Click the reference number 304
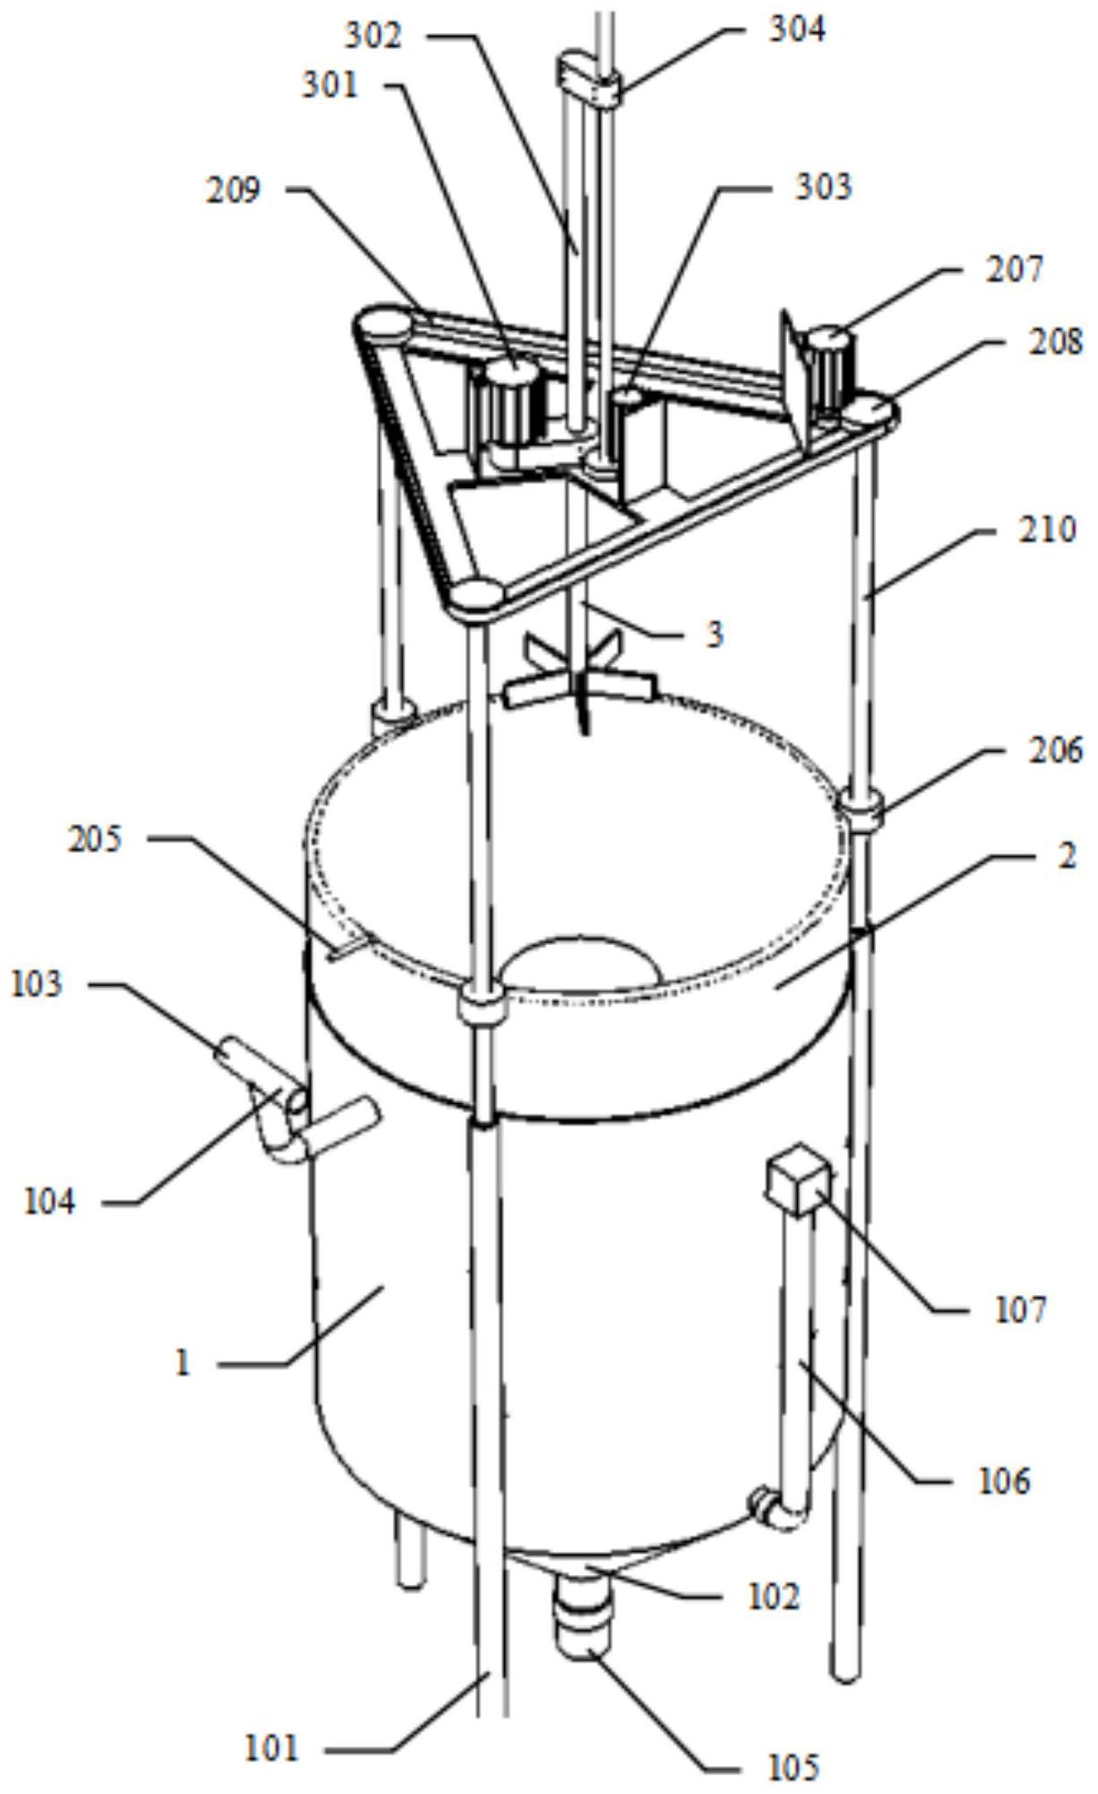(797, 30)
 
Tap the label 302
(374, 36)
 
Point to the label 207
(1014, 269)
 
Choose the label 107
(1019, 1310)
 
